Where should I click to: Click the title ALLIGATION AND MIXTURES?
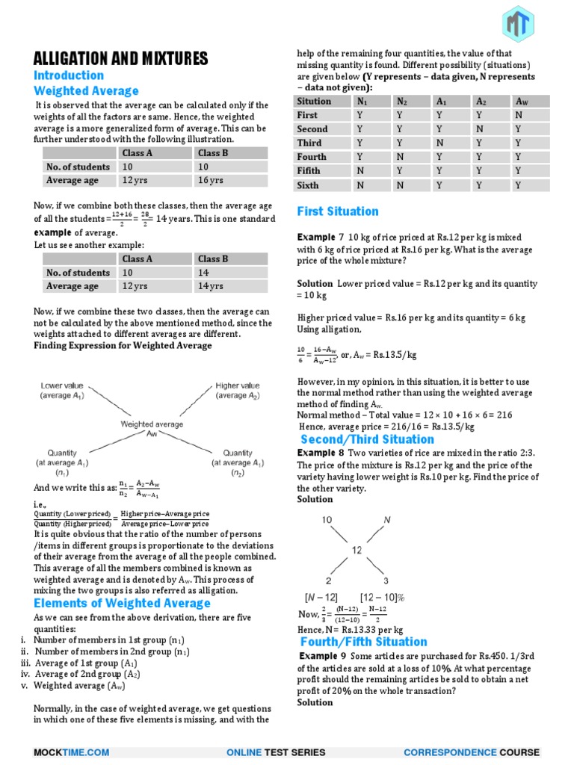[121, 59]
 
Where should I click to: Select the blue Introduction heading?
[69, 75]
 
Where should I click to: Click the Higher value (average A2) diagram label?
[238, 391]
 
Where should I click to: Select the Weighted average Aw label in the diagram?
[152, 428]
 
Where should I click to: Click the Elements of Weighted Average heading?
[122, 603]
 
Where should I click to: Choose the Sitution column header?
[314, 102]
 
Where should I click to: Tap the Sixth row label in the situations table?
[307, 185]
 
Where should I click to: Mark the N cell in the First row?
[519, 115]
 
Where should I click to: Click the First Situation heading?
[338, 211]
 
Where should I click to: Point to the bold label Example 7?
[321, 237]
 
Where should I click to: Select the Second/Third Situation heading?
[367, 439]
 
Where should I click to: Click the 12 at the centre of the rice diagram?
[357, 550]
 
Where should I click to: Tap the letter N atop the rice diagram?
[387, 519]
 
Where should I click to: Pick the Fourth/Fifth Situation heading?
[363, 642]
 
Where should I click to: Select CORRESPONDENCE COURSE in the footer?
[471, 752]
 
